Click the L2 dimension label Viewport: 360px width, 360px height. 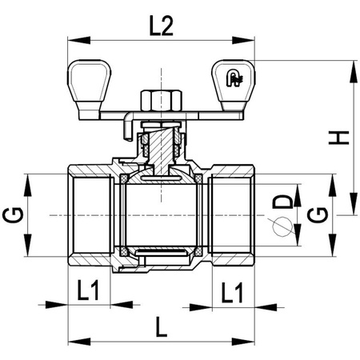[x=161, y=27]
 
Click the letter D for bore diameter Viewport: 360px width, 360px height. [x=283, y=200]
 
